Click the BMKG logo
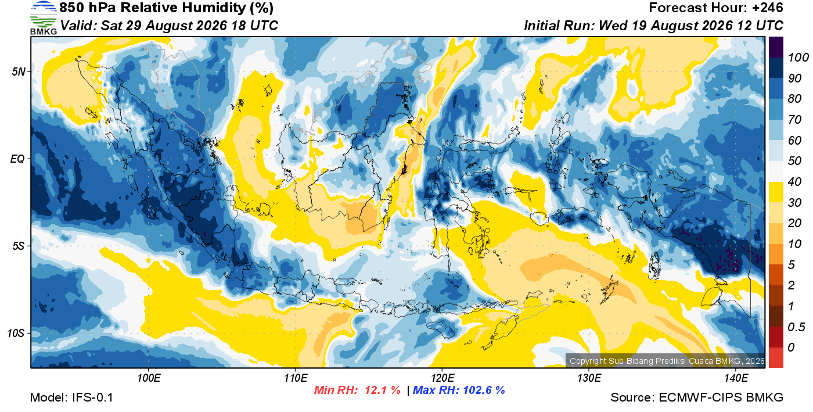(43, 18)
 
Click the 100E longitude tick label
(149, 378)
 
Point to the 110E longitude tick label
(296, 378)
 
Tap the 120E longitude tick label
(443, 378)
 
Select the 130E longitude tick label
(589, 378)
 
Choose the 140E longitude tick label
(736, 378)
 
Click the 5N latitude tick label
(19, 71)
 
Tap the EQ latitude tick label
(17, 159)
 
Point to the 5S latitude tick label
(19, 246)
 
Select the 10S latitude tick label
(16, 333)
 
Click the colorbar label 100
(798, 58)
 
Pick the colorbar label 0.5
(796, 327)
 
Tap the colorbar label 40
(794, 182)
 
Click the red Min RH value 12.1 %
(383, 390)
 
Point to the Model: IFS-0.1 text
(71, 397)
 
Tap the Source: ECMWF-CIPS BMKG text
(696, 397)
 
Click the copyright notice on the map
(667, 361)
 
